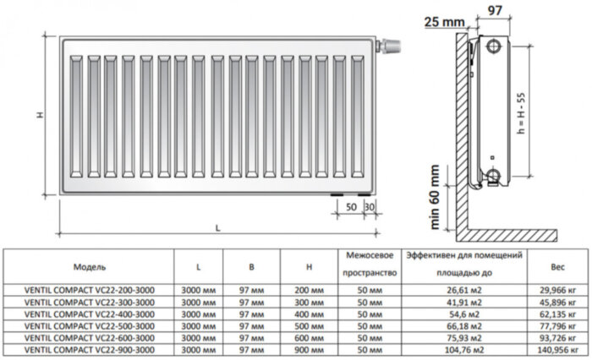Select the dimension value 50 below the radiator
[351, 207]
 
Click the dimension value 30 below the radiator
[369, 207]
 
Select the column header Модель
[90, 266]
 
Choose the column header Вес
[556, 266]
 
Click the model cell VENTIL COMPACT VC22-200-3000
[90, 290]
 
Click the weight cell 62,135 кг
[556, 314]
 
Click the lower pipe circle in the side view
[494, 177]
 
